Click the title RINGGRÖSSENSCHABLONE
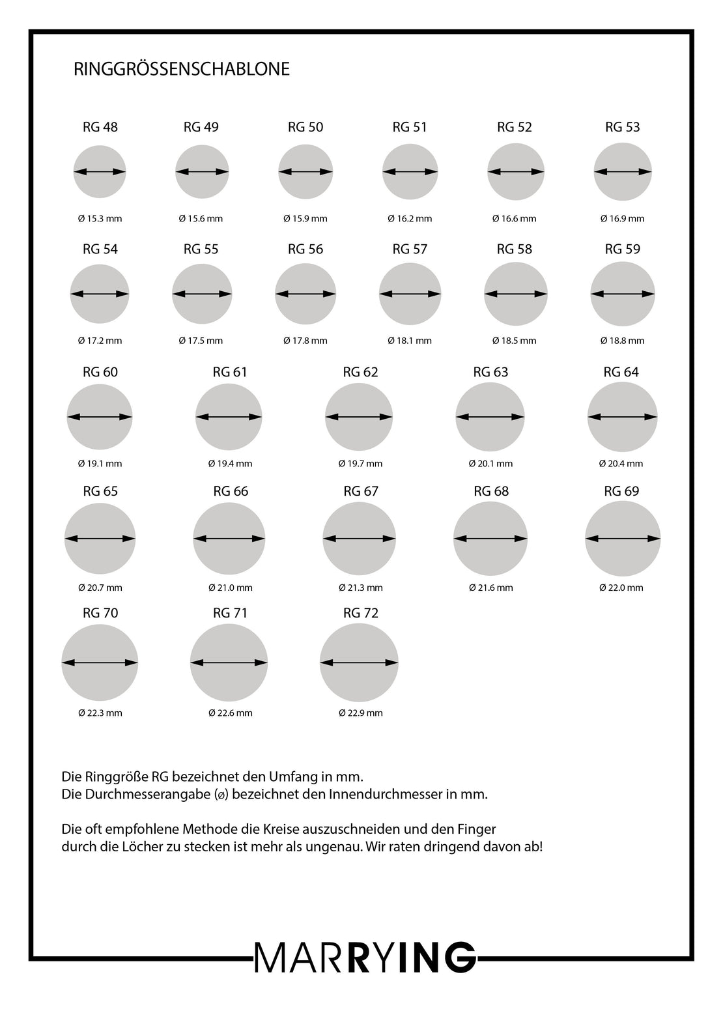click(x=182, y=69)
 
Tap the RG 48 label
click(x=100, y=127)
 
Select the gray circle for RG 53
click(x=623, y=172)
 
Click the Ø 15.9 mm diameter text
click(x=305, y=219)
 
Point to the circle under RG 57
click(x=410, y=294)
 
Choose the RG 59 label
click(x=623, y=249)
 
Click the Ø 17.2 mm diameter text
click(x=100, y=341)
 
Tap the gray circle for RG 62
click(x=359, y=417)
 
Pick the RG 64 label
click(x=621, y=372)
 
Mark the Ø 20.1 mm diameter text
click(x=490, y=464)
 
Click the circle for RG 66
click(x=229, y=539)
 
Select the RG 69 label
click(x=622, y=491)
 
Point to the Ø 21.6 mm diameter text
click(x=490, y=588)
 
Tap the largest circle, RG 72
click(x=359, y=662)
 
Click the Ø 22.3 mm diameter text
click(x=100, y=713)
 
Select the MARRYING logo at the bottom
click(x=365, y=958)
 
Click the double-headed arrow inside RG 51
click(x=410, y=172)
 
